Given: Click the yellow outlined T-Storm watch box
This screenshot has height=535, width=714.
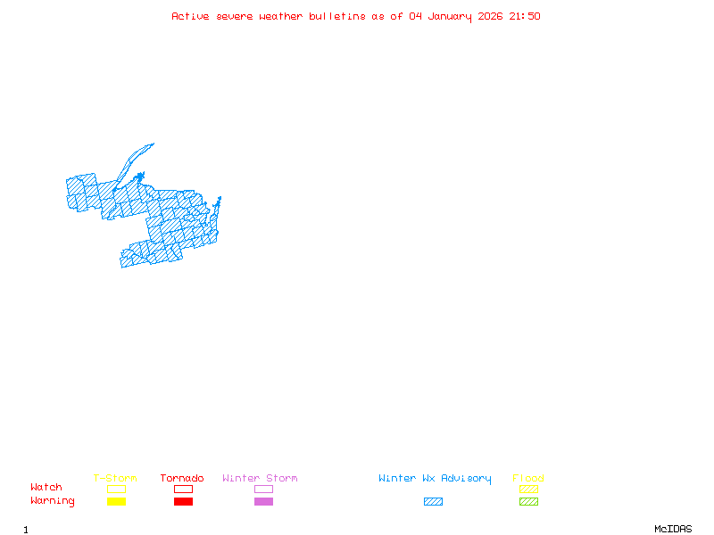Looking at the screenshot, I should [116, 489].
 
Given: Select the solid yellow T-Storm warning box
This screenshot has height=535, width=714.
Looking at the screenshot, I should [116, 502].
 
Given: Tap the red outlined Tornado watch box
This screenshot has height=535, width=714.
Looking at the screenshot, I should [183, 489].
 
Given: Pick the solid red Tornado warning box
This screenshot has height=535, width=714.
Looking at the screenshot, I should [183, 502].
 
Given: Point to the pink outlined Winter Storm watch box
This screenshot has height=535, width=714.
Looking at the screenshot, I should [263, 489].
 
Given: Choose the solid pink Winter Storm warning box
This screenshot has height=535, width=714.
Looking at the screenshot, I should [263, 502].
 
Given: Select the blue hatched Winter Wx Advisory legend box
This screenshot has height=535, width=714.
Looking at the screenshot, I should [433, 502].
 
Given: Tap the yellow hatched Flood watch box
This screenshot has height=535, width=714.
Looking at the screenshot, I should [528, 489].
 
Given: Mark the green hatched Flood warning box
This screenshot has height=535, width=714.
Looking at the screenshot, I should [528, 502].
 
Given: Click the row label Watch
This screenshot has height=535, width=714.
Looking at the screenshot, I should [46, 488].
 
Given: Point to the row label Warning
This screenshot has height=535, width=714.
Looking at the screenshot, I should [53, 501].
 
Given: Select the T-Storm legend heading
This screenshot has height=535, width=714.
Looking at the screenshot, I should [115, 479].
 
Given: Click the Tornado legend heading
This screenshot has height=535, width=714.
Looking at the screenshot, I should [182, 479].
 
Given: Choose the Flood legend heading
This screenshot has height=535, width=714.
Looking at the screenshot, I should [528, 479].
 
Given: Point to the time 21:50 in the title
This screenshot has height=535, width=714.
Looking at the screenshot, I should [525, 16].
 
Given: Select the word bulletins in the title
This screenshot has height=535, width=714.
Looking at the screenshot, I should [337, 16].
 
